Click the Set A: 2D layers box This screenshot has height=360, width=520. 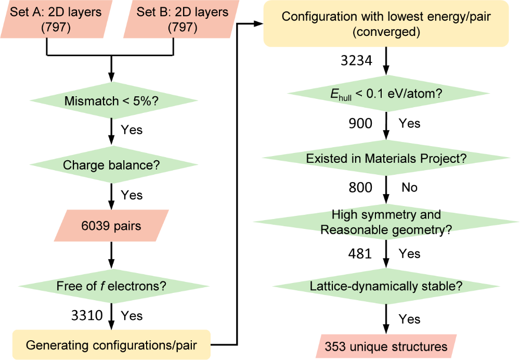[x=56, y=19]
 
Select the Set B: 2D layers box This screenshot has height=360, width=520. [x=181, y=19]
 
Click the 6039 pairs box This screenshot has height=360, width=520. [x=111, y=226]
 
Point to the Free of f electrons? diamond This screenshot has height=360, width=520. [x=114, y=286]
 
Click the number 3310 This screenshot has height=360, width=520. [x=87, y=315]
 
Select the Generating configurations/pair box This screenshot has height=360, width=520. [x=111, y=345]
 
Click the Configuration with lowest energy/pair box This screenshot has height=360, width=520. [x=386, y=23]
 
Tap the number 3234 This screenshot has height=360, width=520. [x=357, y=60]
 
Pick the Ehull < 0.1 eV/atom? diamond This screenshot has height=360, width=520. [x=388, y=94]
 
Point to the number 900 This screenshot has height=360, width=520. [x=360, y=123]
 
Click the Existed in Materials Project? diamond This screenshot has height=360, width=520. [x=386, y=158]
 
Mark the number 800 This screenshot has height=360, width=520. [x=360, y=187]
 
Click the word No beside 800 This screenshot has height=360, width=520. [x=410, y=187]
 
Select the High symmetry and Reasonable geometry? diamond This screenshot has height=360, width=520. [x=386, y=222]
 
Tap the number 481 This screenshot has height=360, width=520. [x=360, y=253]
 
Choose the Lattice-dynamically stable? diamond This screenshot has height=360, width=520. [x=386, y=286]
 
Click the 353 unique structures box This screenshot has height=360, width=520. [x=386, y=346]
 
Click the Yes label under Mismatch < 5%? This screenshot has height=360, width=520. [x=132, y=130]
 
